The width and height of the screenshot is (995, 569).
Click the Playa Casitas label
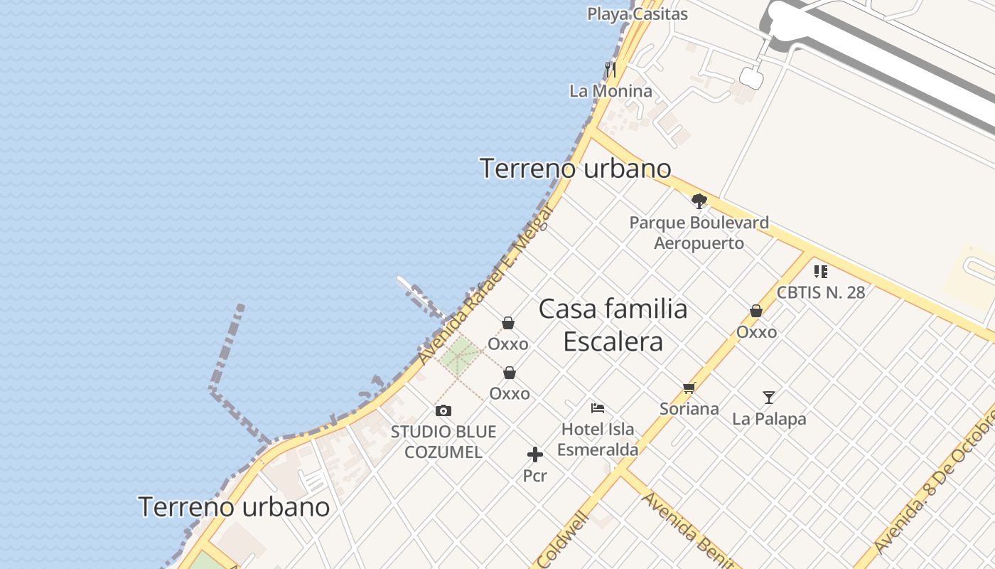637,14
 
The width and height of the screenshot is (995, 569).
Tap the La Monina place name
611,91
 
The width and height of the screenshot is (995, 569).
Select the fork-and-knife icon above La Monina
611,70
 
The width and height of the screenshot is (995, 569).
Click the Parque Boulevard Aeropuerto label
699,233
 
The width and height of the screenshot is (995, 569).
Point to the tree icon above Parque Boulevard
699,201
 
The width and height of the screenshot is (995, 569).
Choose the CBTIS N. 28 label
821,292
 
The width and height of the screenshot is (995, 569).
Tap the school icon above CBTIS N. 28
821,271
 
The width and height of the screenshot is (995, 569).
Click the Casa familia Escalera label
613,325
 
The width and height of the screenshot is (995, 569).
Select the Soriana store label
689,409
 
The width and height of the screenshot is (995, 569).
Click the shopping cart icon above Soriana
689,388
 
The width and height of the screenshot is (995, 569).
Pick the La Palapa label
769,419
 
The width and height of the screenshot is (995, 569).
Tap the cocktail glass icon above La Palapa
769,397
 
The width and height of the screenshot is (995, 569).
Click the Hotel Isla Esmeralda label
598,440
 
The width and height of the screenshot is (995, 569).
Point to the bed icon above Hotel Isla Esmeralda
598,408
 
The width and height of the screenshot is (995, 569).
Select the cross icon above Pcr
535,454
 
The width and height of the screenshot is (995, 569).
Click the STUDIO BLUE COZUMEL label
443,442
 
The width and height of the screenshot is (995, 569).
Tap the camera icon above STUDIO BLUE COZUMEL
443,410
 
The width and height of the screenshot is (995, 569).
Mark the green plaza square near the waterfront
459,355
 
